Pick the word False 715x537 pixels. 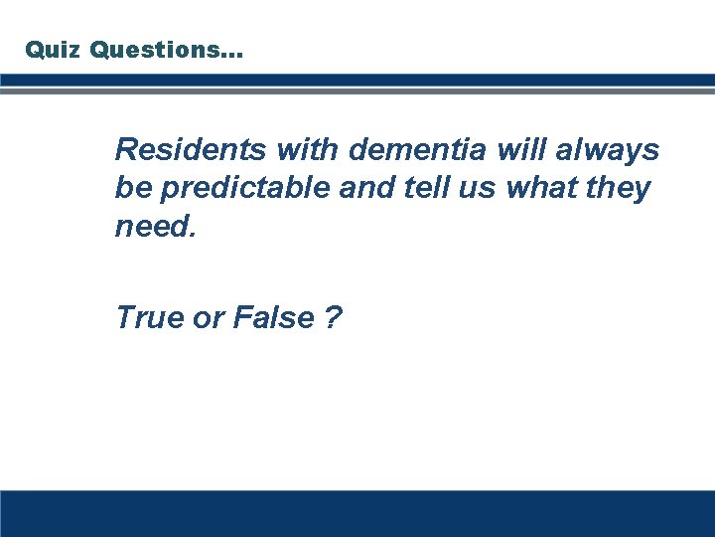pos(272,318)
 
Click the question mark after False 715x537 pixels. pos(332,318)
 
